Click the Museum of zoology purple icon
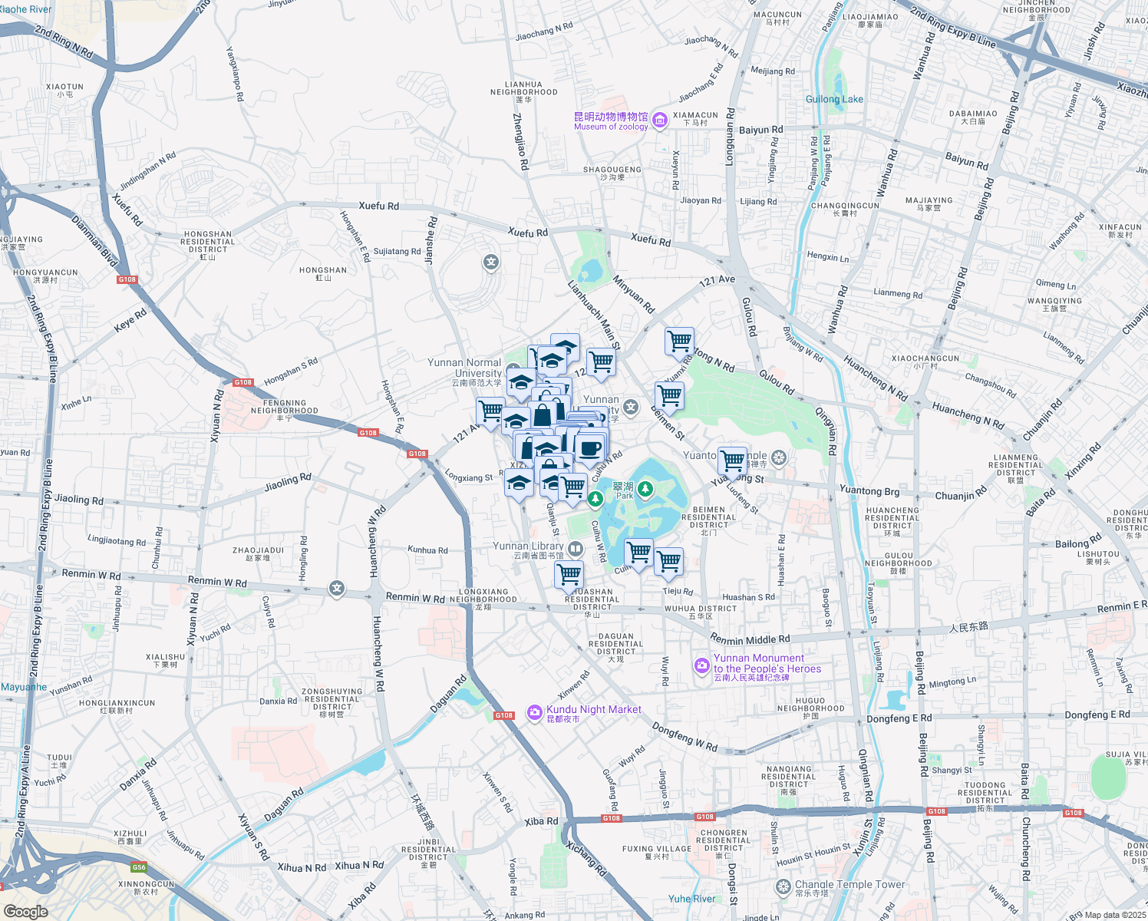click(659, 120)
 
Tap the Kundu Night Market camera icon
click(534, 713)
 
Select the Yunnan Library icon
click(576, 549)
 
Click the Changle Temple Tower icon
click(783, 887)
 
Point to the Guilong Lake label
click(834, 99)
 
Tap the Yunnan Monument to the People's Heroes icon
click(701, 665)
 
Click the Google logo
click(26, 911)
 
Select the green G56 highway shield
click(139, 867)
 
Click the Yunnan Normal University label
click(465, 368)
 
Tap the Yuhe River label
click(691, 899)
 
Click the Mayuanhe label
click(23, 687)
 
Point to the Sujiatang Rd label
click(397, 251)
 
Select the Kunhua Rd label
click(427, 550)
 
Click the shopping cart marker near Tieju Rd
click(669, 561)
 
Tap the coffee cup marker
click(590, 448)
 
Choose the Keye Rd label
click(130, 321)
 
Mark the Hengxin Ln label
click(828, 257)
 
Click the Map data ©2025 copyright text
click(1115, 915)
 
